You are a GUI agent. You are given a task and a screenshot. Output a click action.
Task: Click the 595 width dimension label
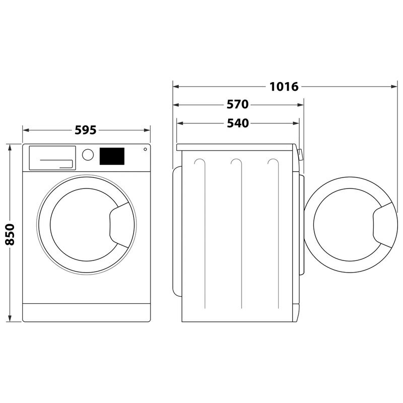pos(85,130)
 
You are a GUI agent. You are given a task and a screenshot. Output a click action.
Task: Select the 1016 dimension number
pos(284,87)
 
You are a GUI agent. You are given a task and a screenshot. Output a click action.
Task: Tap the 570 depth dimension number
pos(238,105)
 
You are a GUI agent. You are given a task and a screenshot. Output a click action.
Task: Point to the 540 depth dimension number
pos(238,123)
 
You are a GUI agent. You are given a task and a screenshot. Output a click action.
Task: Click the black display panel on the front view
pos(112,156)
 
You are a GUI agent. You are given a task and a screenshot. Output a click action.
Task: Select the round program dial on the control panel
pos(88,154)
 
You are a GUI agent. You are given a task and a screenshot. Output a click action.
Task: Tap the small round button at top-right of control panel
pos(145,149)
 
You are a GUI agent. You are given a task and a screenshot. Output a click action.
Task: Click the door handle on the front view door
pos(118,222)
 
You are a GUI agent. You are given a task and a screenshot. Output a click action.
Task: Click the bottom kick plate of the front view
pos(87,312)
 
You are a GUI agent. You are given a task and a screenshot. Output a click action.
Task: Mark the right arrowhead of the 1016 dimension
pos(394,87)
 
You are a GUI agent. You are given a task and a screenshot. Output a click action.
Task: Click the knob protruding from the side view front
pos(300,154)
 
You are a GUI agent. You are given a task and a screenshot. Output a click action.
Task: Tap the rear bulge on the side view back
pos(176,232)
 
